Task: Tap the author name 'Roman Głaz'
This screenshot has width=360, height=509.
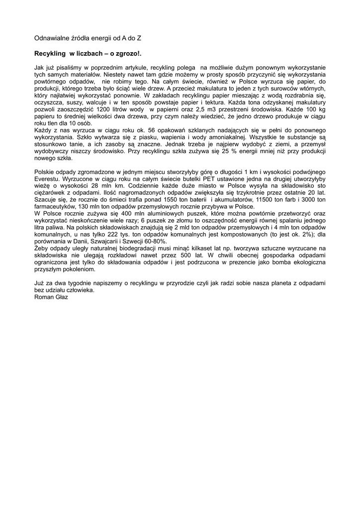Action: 51,297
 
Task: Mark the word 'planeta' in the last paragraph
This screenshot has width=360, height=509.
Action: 263,283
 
